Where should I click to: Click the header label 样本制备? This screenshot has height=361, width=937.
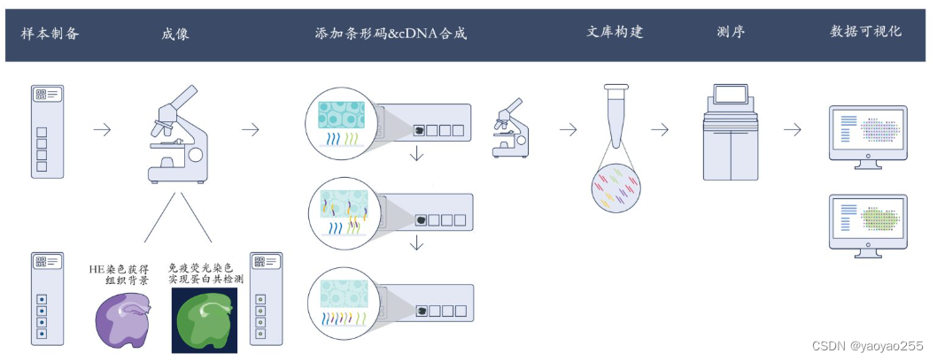click(x=50, y=34)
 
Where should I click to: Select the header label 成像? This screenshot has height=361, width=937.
click(x=175, y=34)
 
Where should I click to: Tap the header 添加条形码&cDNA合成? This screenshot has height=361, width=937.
click(x=391, y=34)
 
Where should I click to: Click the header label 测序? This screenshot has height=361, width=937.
click(x=731, y=32)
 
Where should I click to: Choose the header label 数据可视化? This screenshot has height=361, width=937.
click(x=865, y=32)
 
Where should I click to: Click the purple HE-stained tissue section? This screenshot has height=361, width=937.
click(x=126, y=312)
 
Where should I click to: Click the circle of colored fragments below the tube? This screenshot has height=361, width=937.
click(x=617, y=188)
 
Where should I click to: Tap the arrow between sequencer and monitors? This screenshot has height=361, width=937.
click(x=792, y=129)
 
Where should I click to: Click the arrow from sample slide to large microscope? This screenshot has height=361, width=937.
click(x=103, y=129)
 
